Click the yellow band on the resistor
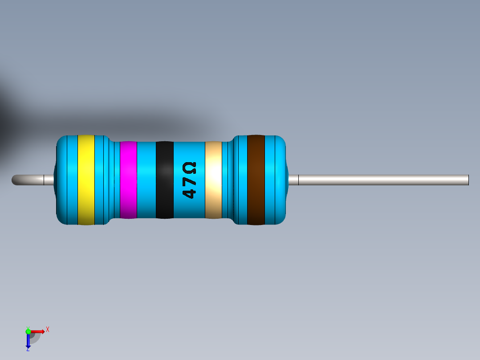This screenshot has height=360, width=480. pos(86,180)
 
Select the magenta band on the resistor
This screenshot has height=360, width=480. pos(128,180)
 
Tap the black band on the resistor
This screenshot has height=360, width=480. pos(164,180)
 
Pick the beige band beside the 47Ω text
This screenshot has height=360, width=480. pos(213,180)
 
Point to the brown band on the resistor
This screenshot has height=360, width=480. pos(256,180)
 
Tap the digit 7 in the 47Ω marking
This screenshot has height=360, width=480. pos(189,182)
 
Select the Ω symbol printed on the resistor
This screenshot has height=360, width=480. pos(189,169)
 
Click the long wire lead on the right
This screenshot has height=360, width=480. pos(383,180)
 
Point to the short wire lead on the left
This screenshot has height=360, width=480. pos(33,180)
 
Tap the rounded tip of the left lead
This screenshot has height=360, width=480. pos(15,180)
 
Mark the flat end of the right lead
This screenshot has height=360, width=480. pos(468,180)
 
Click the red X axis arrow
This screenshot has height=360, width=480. pos(38,331)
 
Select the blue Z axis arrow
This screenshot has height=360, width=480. pos(28,341)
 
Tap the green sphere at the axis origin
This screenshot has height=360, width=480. pos(28,331)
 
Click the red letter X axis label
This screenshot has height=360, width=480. pos(47,330)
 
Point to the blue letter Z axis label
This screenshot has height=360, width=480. pos(28,350)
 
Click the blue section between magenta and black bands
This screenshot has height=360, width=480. pos(146,180)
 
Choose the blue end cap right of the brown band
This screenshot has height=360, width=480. pos(275,180)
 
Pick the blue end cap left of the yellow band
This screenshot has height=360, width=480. pos(67,180)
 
